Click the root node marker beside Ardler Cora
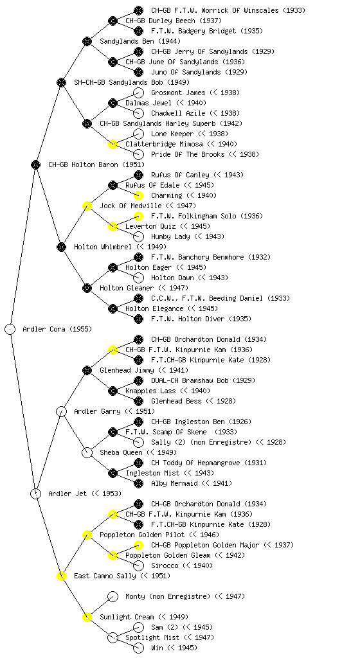coord(10,329)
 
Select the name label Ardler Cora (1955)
coord(57,329)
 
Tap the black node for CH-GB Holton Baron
coord(35,164)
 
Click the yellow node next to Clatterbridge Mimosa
coord(113,144)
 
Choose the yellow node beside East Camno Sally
coord(61,576)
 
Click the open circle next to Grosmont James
coord(138,93)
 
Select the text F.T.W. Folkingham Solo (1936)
coord(207,216)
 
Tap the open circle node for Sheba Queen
coord(87,452)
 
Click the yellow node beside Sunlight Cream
coord(87,617)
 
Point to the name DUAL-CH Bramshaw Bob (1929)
coord(203,380)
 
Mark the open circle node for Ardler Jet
coord(35,493)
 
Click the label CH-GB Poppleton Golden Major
coord(206,545)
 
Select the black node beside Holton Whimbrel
coord(61,247)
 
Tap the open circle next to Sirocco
coord(138,565)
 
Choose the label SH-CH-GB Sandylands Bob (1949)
coord(132,82)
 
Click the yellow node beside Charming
coord(138,195)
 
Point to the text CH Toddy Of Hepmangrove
coord(196,463)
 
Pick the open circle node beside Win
coord(138,648)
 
